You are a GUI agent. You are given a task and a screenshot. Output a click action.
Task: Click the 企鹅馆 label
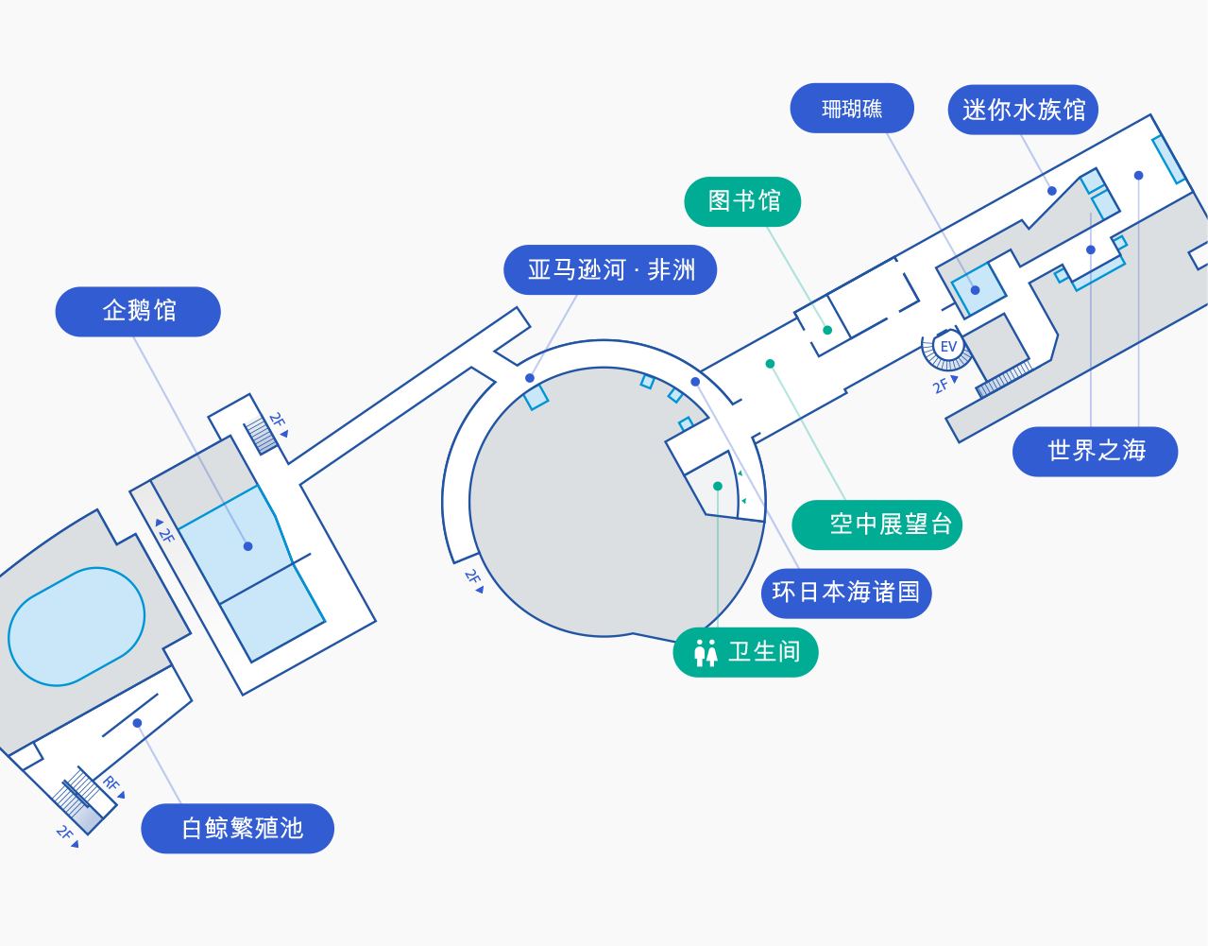click(138, 312)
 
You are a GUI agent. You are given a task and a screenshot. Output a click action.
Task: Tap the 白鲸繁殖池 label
click(237, 828)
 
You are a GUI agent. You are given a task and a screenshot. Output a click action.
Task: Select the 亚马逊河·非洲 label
click(610, 269)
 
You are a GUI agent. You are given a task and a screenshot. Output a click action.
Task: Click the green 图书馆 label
click(742, 201)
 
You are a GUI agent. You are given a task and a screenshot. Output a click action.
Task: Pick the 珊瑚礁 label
click(852, 108)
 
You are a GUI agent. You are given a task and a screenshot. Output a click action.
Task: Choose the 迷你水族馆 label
click(1023, 110)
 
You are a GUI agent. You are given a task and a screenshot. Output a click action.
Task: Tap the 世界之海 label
click(1096, 451)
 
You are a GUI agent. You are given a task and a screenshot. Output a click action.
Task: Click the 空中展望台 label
click(876, 525)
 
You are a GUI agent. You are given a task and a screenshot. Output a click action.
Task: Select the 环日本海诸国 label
click(846, 593)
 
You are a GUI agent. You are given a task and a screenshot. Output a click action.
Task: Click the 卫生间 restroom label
click(745, 652)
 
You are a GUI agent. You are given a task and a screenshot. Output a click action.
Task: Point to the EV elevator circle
click(948, 347)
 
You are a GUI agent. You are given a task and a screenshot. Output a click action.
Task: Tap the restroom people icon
click(706, 653)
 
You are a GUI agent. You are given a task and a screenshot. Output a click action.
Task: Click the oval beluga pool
click(77, 627)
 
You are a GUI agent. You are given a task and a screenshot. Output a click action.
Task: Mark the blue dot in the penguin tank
click(248, 546)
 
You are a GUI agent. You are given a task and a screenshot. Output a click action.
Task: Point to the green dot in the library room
click(827, 330)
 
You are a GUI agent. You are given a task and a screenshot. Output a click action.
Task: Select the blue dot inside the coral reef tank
click(975, 290)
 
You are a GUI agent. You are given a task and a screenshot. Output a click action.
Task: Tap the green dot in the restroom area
click(718, 486)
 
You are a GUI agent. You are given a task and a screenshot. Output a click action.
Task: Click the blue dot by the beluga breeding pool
click(137, 723)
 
